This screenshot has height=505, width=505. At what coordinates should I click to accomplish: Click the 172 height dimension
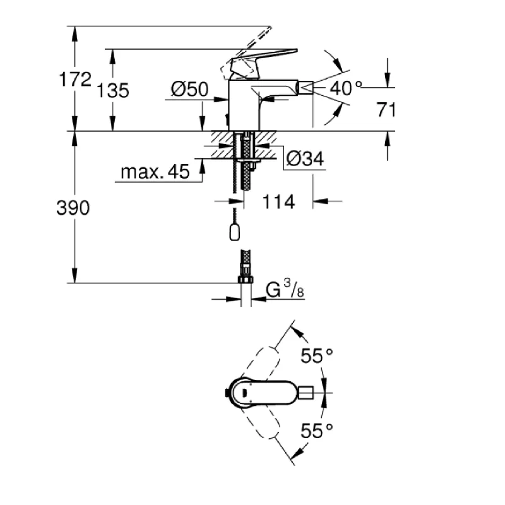[x=75, y=80]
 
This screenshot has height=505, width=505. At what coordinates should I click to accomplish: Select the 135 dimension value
[x=113, y=90]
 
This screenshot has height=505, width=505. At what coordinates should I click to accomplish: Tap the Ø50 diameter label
[x=190, y=89]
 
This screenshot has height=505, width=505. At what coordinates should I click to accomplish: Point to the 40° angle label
[x=346, y=88]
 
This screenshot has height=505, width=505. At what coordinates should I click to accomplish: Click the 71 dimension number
[x=386, y=109]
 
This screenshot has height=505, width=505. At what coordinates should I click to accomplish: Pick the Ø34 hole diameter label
[x=305, y=159]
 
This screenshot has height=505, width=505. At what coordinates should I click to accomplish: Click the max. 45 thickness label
[x=155, y=172]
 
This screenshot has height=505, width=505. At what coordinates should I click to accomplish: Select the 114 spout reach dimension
[x=278, y=202]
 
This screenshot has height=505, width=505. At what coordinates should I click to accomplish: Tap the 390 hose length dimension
[x=73, y=208]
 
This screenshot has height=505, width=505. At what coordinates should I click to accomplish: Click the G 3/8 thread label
[x=285, y=288]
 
